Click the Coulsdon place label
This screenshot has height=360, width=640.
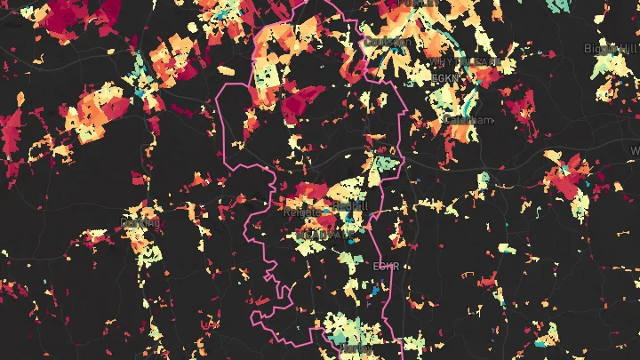click(388, 42)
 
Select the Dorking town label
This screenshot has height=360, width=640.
click(140, 222)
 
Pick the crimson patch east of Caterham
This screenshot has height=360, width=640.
click(519, 108)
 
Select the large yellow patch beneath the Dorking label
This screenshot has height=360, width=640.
click(147, 253)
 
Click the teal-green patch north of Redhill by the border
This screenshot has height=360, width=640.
click(388, 164)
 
